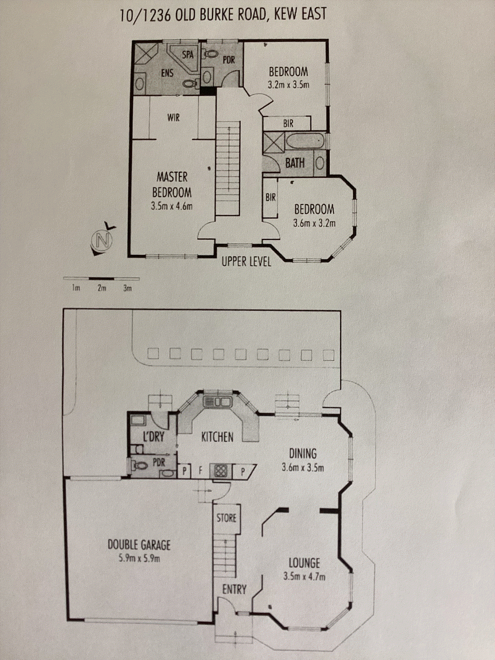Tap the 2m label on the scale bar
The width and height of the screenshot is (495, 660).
tap(102, 288)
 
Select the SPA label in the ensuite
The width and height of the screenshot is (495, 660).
tap(188, 55)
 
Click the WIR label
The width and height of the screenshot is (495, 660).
tap(174, 118)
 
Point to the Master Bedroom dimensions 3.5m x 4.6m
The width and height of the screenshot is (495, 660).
tap(172, 206)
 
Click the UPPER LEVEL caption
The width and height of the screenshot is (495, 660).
tap(246, 262)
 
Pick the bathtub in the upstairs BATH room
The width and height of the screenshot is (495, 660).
tap(305, 141)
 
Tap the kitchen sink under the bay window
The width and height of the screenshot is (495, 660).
tap(217, 401)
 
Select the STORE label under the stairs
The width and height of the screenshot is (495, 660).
tap(227, 518)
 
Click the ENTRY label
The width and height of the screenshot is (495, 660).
tap(234, 590)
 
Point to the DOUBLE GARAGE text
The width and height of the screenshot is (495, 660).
tap(139, 545)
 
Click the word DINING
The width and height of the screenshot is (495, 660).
tap(303, 454)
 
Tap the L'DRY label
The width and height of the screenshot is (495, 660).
tap(154, 437)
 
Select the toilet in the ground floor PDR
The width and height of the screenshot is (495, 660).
tap(140, 466)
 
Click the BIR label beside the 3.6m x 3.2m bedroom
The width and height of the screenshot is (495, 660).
tap(271, 197)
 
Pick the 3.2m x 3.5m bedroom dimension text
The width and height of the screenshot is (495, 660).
tap(288, 85)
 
